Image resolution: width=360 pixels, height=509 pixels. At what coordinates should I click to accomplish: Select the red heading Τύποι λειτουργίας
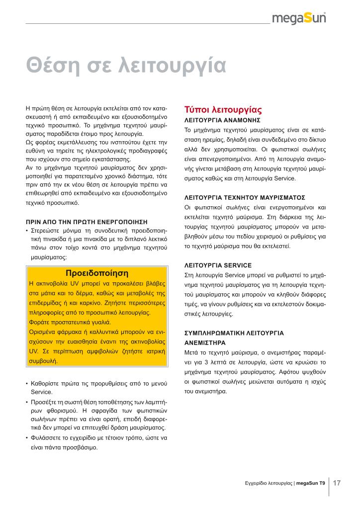coord(223,109)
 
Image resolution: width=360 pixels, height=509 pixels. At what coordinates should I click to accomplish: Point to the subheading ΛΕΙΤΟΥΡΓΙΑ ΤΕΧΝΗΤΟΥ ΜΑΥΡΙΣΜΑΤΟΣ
coord(245,197)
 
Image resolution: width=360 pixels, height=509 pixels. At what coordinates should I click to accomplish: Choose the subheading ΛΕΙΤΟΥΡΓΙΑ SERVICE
coord(218,265)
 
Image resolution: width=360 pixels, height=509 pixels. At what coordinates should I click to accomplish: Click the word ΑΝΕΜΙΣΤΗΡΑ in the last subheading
coord(205,342)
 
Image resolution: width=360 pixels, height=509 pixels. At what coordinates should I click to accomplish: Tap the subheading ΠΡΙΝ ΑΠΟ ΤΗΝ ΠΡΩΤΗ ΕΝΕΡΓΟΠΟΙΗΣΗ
coord(87,221)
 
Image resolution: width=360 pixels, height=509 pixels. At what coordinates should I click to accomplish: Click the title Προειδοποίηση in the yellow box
coord(97,273)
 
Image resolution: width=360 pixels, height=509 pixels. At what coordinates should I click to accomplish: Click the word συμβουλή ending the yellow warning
coord(43,362)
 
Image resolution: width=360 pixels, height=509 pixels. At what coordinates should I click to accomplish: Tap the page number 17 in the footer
coord(337,482)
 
